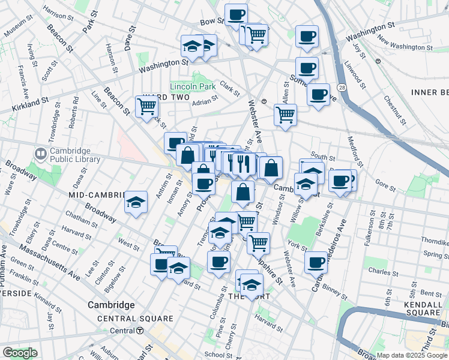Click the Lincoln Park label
[x=192, y=87]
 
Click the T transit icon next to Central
[x=139, y=331]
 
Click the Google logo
[x=20, y=353]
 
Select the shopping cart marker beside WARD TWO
[x=146, y=107]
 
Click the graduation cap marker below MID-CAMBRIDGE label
[x=136, y=202]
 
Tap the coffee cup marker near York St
[x=316, y=262]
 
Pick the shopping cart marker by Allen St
[x=285, y=114]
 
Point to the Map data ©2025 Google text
[x=412, y=355]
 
